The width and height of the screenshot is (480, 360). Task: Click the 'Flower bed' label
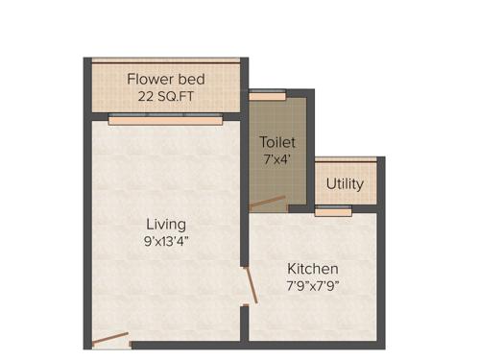coord(164,78)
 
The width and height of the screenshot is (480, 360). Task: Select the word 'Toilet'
coord(276,142)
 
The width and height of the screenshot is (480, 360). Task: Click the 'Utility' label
coord(345,183)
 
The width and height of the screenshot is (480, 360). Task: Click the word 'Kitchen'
coord(313,268)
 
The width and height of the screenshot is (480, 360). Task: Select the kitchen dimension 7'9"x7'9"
coord(313,285)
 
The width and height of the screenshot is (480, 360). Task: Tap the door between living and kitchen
coord(250,285)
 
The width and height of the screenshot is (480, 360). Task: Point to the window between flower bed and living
coord(165,120)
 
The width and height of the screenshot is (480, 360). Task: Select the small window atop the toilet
coord(268,96)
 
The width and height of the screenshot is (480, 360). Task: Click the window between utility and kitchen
coord(333,209)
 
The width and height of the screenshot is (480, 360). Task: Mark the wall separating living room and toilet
coord(244,163)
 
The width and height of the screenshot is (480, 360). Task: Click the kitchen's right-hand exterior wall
coord(381,278)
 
